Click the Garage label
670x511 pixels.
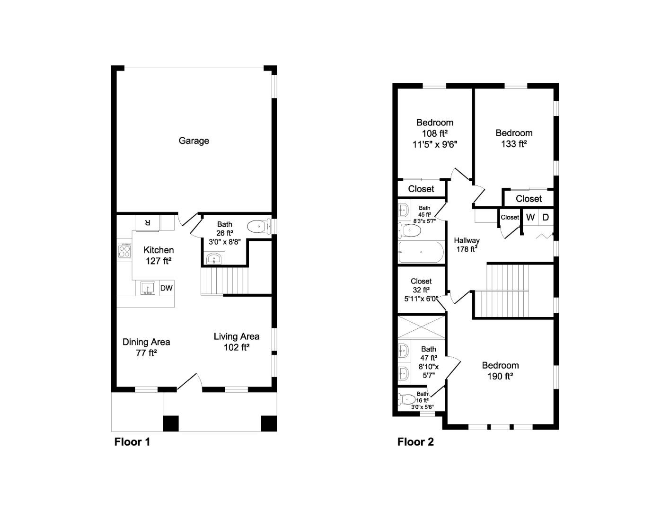click(x=194, y=141)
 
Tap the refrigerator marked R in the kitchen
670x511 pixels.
click(x=147, y=222)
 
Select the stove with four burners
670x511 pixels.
click(x=124, y=250)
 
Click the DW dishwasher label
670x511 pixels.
click(x=166, y=288)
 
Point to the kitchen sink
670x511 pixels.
click(x=148, y=288)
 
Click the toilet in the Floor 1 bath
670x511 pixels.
click(x=258, y=227)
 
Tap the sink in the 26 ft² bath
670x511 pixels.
click(x=215, y=259)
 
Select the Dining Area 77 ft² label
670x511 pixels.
click(x=146, y=347)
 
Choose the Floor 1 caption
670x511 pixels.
click(x=132, y=442)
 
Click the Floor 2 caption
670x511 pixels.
click(x=415, y=442)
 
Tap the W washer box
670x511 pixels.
click(x=530, y=217)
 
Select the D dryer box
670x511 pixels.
click(x=546, y=217)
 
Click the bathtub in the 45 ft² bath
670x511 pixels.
click(x=421, y=252)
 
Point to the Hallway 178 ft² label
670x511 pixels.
click(x=467, y=245)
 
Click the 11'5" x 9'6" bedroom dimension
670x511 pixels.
click(x=435, y=144)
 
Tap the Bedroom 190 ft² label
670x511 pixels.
click(x=500, y=370)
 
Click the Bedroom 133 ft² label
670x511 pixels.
click(x=514, y=138)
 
